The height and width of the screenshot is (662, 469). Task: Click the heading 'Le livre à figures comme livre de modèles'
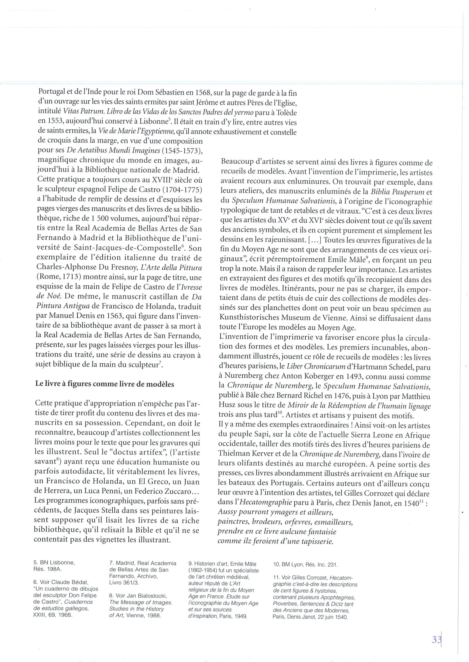pos(105,384)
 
